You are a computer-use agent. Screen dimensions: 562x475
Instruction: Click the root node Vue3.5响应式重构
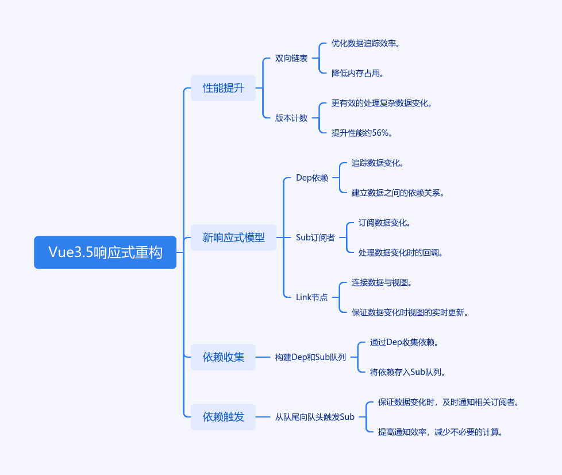(x=105, y=252)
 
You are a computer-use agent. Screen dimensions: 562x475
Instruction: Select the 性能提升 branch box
(x=223, y=88)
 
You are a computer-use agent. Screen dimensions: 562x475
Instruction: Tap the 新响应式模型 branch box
(x=233, y=237)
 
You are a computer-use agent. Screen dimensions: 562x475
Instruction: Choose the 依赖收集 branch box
(x=223, y=357)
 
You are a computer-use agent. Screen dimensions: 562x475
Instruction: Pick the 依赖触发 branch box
(x=223, y=417)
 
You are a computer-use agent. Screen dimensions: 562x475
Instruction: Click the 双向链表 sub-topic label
(x=291, y=58)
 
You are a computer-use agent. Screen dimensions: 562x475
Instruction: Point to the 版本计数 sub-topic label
(x=291, y=118)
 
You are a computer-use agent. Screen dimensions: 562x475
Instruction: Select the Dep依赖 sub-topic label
(x=312, y=178)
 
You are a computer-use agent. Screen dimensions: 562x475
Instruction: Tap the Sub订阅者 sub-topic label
(x=315, y=237)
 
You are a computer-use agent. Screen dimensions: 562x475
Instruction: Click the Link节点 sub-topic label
(x=311, y=297)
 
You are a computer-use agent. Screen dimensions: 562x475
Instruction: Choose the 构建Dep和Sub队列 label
(x=310, y=357)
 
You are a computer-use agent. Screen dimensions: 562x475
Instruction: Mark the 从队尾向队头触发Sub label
(x=315, y=417)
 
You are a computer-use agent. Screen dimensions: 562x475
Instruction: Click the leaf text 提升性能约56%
(x=361, y=133)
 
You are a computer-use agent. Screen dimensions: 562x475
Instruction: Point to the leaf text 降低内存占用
(x=357, y=73)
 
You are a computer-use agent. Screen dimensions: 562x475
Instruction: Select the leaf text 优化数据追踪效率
(x=365, y=43)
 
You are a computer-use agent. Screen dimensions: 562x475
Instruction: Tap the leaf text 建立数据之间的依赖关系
(x=398, y=193)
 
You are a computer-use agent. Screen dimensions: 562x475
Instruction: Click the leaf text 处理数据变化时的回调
(x=401, y=252)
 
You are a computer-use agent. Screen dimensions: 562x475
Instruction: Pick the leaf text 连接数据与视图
(x=382, y=282)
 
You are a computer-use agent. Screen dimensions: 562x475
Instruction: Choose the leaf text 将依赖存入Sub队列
(x=407, y=372)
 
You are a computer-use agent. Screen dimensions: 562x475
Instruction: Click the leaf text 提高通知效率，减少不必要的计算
(x=440, y=432)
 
